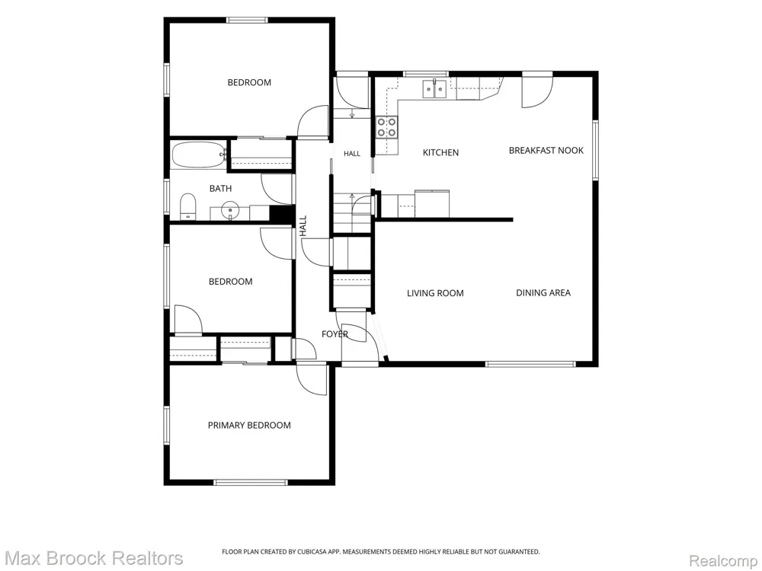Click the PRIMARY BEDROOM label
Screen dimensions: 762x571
click(x=249, y=426)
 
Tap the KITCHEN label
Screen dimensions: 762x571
click(x=440, y=152)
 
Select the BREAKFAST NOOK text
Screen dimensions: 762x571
click(x=546, y=151)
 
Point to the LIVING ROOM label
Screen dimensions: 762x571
click(x=435, y=293)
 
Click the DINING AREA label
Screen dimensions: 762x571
click(x=543, y=293)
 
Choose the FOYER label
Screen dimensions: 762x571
click(x=335, y=334)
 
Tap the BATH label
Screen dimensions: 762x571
click(x=221, y=188)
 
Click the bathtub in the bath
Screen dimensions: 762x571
click(x=199, y=155)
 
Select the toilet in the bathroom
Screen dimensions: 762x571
click(x=187, y=207)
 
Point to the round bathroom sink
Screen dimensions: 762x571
click(x=229, y=211)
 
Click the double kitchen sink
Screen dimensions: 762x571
click(x=435, y=89)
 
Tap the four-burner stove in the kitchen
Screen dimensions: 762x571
click(x=387, y=127)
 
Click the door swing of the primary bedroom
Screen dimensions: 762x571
click(x=312, y=380)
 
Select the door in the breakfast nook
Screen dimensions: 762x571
click(x=537, y=91)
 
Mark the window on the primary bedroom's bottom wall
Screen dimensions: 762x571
click(x=251, y=482)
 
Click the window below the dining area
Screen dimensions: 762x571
click(x=530, y=364)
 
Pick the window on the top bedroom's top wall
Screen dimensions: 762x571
click(x=247, y=20)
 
